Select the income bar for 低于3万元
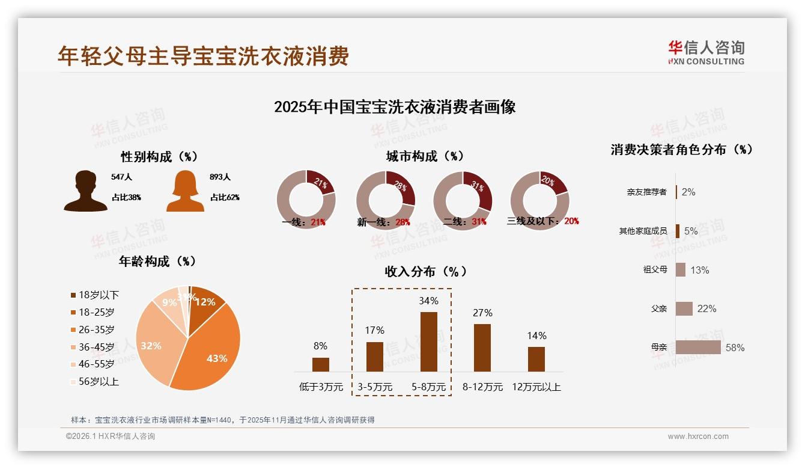point(321,364)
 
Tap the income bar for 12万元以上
point(536,359)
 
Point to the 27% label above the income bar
point(482,313)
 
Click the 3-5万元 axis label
point(375,387)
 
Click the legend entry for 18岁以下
point(95,295)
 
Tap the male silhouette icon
point(86,191)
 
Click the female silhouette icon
point(185,191)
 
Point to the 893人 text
point(220,177)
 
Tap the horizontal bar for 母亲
point(698,348)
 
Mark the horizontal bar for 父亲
point(684,308)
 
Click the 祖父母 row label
point(655,270)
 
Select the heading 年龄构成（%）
point(157,262)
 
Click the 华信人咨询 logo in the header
point(706,52)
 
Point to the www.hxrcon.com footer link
point(698,437)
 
